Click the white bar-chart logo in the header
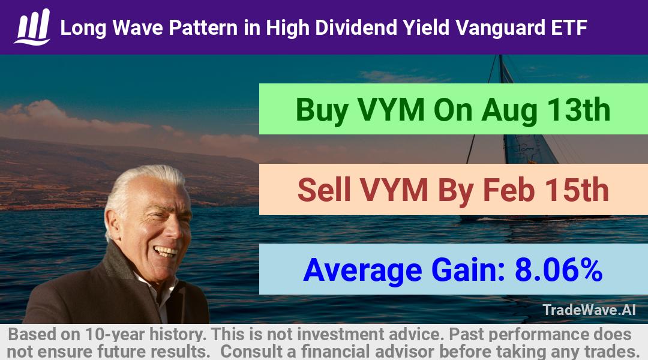32,27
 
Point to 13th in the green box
578,110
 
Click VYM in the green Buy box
391,110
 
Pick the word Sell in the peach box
324,190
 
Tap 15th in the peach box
577,190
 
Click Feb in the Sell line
509,190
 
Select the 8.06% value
559,269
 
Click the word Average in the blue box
362,271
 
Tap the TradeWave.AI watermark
589,310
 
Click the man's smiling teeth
164,250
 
